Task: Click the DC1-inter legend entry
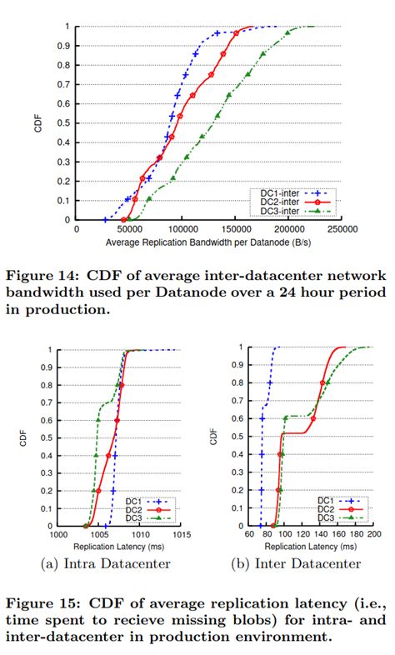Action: tap(274, 192)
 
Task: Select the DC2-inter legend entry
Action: tap(274, 202)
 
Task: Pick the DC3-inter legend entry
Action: tap(274, 211)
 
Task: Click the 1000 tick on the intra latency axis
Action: tap(57, 533)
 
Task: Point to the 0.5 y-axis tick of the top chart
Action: tap(67, 122)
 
